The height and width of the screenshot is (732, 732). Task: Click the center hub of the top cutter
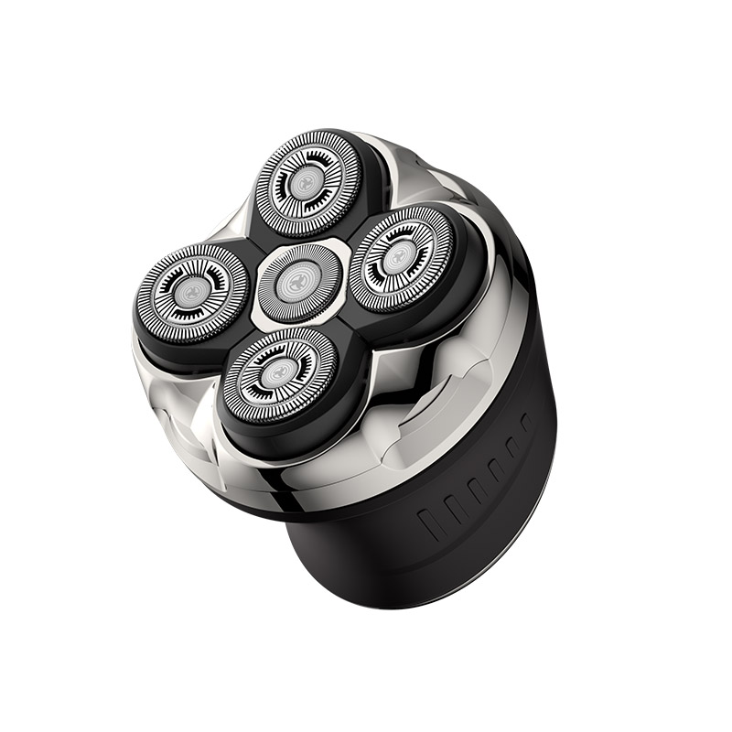(x=301, y=180)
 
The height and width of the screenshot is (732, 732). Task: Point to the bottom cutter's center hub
(x=275, y=372)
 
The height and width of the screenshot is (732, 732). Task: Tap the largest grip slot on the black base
(x=430, y=522)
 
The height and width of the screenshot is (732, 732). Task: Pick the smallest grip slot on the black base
(x=524, y=424)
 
